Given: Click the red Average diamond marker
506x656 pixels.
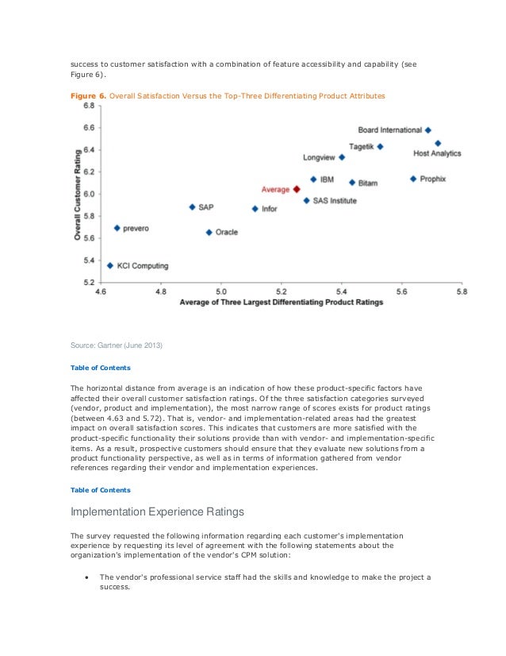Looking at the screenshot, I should click(296, 189).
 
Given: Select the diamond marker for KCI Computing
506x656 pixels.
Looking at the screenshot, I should click(109, 265).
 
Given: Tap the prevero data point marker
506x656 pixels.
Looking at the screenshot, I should click(117, 228).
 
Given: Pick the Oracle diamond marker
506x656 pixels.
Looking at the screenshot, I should click(209, 232).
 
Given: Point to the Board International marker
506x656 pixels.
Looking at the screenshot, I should click(428, 129).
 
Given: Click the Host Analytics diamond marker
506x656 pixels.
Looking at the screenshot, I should click(438, 143).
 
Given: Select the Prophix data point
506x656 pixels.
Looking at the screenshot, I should click(413, 179).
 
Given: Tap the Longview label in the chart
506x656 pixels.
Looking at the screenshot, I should click(318, 157).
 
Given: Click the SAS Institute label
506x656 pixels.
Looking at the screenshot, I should click(335, 201).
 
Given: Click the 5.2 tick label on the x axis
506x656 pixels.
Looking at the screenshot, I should click(281, 292).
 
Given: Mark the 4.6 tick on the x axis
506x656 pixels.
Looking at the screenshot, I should click(101, 292).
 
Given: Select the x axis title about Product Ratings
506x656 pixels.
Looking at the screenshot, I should click(281, 303).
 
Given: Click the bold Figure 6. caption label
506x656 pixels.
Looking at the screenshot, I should click(87, 95).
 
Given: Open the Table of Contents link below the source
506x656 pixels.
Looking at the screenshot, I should click(101, 368).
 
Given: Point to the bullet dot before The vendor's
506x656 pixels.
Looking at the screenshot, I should click(86, 577).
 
